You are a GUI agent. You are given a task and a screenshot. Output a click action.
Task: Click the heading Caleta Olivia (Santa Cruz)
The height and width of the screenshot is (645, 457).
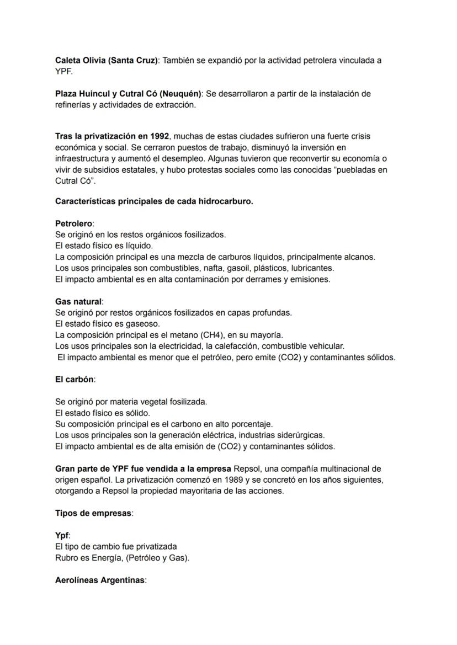[x=107, y=60]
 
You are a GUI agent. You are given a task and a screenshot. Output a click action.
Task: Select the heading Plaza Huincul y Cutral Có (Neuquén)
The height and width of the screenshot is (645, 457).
[x=128, y=94]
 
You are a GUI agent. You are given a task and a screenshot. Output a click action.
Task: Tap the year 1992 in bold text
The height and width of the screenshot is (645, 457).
[x=159, y=136]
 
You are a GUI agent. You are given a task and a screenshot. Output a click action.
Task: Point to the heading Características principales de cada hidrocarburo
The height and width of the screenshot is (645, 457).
[x=154, y=201]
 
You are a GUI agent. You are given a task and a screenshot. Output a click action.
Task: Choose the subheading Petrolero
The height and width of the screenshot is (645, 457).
[x=74, y=223]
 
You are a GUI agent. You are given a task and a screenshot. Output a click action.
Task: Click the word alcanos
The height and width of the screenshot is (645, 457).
[x=360, y=257]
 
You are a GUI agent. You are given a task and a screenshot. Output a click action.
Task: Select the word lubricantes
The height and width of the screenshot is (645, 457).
[x=312, y=268]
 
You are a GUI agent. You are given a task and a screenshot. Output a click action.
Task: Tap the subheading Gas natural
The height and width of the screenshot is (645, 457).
[x=78, y=302]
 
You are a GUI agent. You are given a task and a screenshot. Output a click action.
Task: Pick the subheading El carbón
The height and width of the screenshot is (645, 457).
[x=75, y=380]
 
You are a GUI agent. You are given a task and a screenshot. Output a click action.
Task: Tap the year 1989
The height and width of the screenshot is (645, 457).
[x=228, y=480]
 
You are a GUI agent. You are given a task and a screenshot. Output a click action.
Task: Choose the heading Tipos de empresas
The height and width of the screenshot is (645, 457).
[x=93, y=513]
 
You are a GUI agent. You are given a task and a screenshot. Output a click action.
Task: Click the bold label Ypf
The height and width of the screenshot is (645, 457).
[x=62, y=536]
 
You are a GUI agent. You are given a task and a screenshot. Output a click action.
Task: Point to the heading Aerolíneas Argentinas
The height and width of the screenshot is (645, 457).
[x=99, y=580]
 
